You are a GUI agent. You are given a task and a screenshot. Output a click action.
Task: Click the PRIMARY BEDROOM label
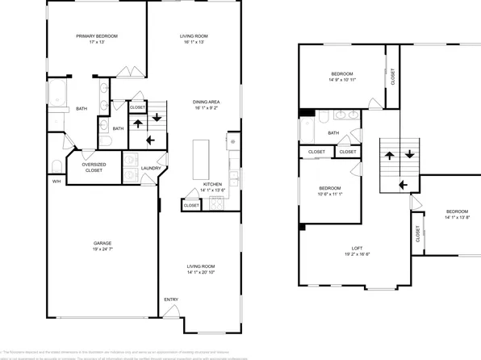(97, 36)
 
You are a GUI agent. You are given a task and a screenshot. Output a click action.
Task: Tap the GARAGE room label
(102, 243)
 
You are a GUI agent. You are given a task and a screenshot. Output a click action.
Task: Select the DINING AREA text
(207, 102)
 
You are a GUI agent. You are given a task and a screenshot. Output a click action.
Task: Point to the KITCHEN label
(212, 184)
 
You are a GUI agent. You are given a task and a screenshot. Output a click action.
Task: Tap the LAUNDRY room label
(151, 168)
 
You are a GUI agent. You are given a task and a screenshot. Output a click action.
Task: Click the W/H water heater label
(56, 182)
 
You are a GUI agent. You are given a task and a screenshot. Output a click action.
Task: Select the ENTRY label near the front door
(171, 299)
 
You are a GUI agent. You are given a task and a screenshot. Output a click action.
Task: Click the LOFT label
(356, 248)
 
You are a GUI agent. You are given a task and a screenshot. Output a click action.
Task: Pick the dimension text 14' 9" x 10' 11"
(342, 80)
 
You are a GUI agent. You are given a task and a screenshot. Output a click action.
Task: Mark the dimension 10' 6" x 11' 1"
(330, 194)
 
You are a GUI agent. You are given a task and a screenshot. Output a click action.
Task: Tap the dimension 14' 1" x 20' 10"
(201, 272)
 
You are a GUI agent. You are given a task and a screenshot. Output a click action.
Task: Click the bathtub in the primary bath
(59, 94)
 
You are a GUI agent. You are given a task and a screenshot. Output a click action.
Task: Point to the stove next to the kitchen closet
(215, 204)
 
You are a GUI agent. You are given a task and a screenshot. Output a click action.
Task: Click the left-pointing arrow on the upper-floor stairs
(401, 184)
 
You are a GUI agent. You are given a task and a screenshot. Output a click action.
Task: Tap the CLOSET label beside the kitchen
(191, 205)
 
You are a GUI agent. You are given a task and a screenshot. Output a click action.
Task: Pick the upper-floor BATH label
(333, 133)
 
